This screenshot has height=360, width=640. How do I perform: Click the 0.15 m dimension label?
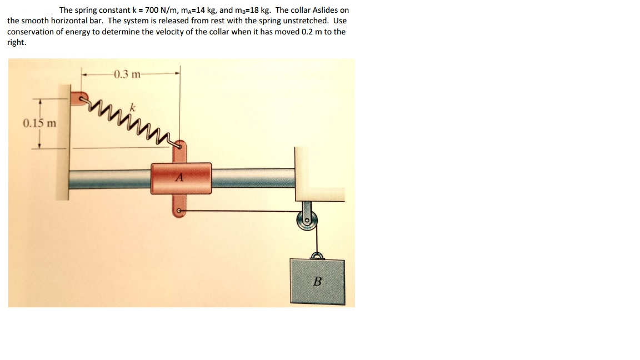coord(39,123)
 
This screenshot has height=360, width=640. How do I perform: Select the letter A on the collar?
coord(179,178)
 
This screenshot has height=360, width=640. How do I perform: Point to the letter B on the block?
coord(317,281)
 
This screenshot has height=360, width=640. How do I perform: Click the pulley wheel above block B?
coord(307,221)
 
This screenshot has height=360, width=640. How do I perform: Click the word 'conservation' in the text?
coord(29,32)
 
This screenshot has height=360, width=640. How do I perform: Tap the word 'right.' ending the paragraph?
coord(16,42)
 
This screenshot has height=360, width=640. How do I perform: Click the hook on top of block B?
coord(317,255)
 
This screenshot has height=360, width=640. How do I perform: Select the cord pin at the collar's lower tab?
coord(178,211)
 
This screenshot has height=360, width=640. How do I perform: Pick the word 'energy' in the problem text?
coord(78,32)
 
